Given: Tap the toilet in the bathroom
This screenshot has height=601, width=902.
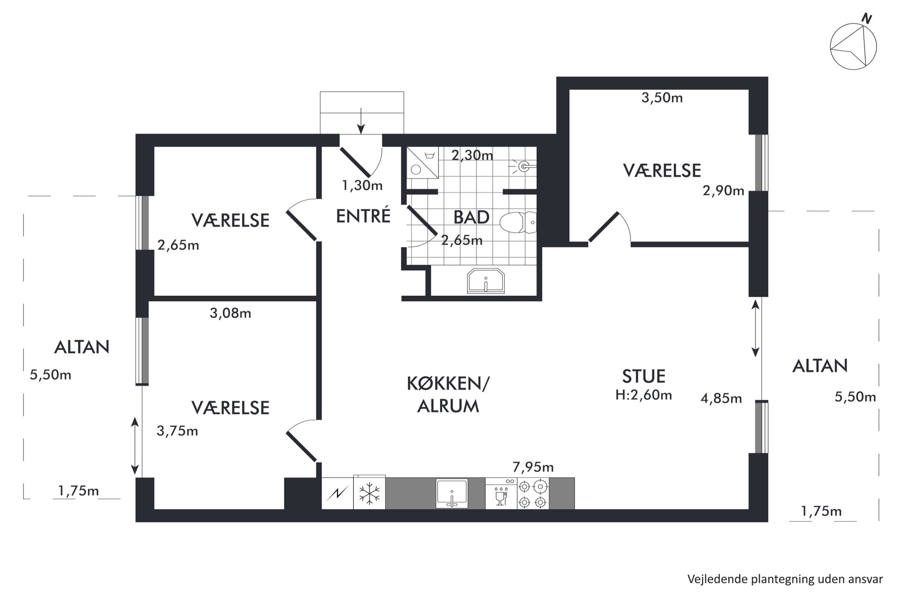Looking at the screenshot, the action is pyautogui.click(x=518, y=223).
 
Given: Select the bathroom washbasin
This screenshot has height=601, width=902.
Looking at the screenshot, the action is pyautogui.click(x=486, y=281).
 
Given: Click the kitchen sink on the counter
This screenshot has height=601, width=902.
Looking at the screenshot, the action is pyautogui.click(x=451, y=493).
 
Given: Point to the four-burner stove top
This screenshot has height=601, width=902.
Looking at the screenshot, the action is pyautogui.click(x=532, y=494).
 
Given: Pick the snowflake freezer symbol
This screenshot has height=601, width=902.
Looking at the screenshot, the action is pyautogui.click(x=369, y=494).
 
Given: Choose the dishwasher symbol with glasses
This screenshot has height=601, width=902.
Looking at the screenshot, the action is pyautogui.click(x=501, y=493).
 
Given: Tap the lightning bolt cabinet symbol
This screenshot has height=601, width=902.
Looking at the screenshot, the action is pyautogui.click(x=337, y=493).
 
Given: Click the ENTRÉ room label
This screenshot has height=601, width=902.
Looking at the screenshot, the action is pyautogui.click(x=363, y=216).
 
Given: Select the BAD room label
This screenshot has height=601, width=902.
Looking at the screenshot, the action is pyautogui.click(x=471, y=218).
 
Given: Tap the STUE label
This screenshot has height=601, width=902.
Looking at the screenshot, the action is pyautogui.click(x=644, y=377).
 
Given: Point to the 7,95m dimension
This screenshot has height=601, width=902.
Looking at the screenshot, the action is pyautogui.click(x=533, y=467).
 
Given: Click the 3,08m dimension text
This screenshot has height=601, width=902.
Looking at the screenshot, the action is pyautogui.click(x=231, y=313).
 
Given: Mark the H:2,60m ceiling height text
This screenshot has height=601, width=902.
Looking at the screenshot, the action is pyautogui.click(x=644, y=395).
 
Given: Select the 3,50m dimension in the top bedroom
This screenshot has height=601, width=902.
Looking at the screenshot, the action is pyautogui.click(x=662, y=98).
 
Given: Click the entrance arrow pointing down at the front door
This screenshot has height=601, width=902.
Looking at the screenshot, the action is pyautogui.click(x=361, y=121).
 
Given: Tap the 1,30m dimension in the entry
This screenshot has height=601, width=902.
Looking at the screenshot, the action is pyautogui.click(x=362, y=185).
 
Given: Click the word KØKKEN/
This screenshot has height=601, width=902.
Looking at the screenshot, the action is pyautogui.click(x=448, y=384).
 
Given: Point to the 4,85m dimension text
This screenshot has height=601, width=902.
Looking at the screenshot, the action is pyautogui.click(x=722, y=399).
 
